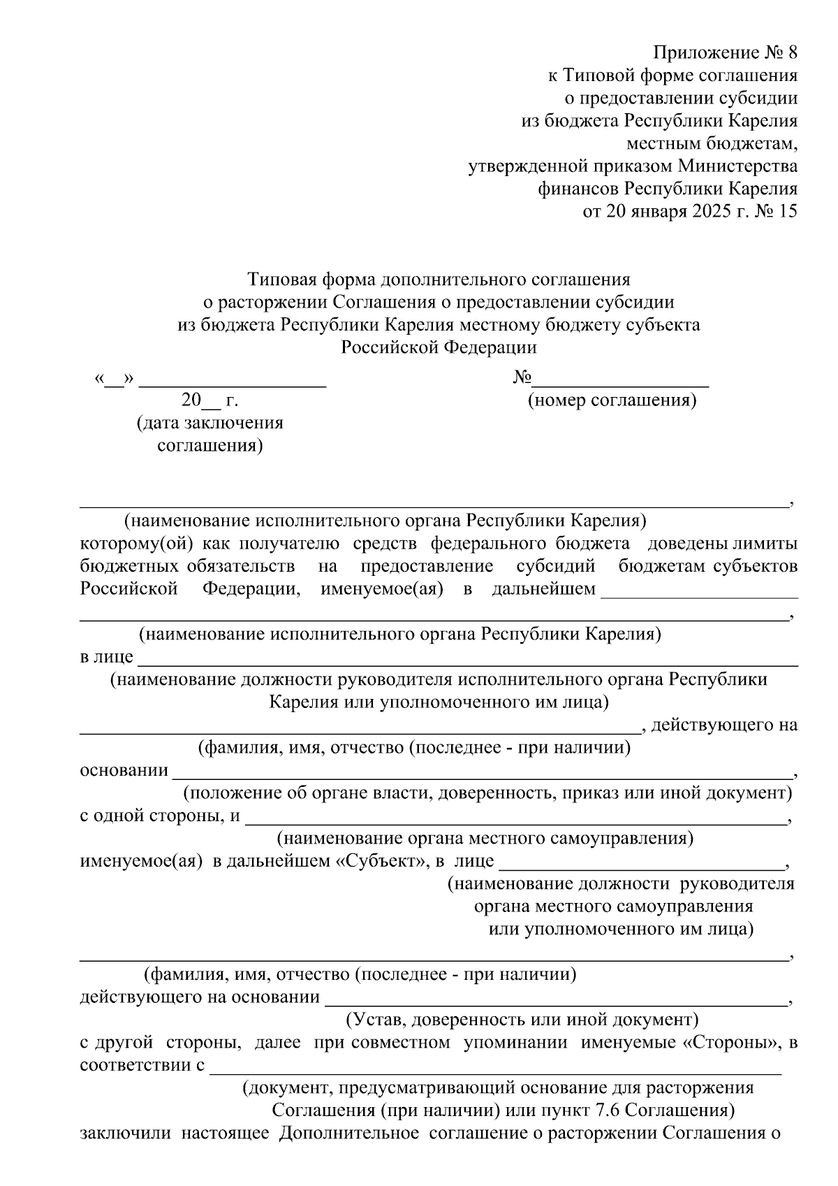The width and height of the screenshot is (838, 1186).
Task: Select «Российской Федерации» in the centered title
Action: point(439,347)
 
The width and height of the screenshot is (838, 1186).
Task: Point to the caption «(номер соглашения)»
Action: point(612,401)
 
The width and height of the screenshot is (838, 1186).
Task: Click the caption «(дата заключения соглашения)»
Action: point(210,434)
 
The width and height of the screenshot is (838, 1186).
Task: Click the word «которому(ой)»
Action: point(136,544)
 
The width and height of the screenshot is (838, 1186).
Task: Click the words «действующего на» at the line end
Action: point(723,725)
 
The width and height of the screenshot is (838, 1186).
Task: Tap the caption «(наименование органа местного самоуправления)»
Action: point(485,838)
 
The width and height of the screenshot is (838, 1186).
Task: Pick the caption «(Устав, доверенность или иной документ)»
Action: point(522,1020)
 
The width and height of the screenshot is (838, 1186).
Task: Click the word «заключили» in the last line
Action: point(126,1133)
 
